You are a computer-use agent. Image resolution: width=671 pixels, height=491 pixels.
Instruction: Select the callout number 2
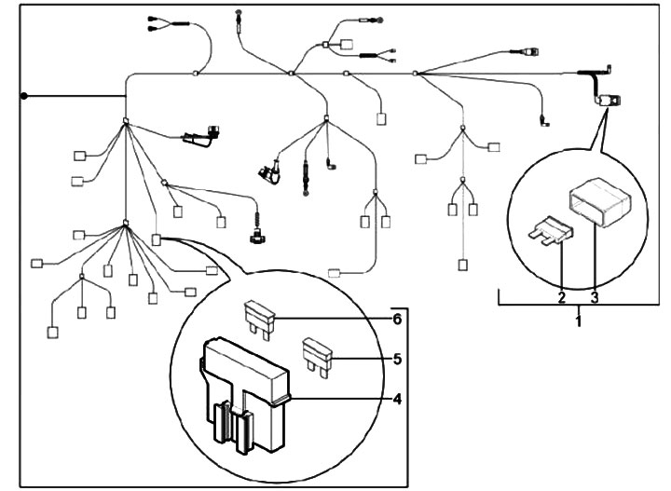coord(561,299)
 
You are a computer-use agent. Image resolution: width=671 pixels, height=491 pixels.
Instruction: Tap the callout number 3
coord(594,299)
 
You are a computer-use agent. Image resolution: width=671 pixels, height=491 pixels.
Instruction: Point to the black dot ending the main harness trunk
coord(25,96)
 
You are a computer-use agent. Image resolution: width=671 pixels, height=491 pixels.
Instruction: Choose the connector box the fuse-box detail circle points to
coord(157,239)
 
